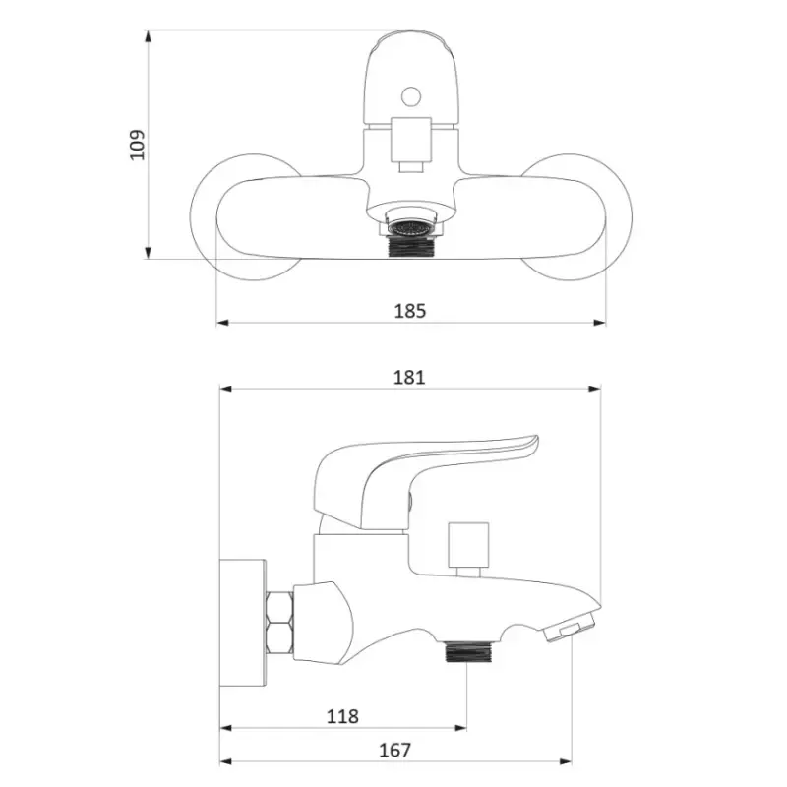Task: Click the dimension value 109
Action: tap(137, 145)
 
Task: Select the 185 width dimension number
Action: tap(410, 311)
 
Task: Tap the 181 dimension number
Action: tap(409, 377)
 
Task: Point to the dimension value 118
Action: tap(342, 716)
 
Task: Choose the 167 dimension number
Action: tap(395, 750)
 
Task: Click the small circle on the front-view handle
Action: tap(411, 96)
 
